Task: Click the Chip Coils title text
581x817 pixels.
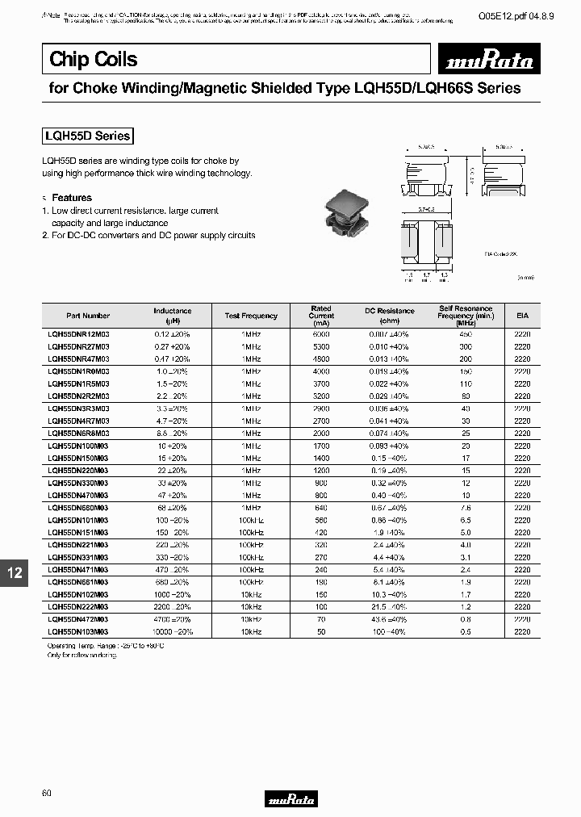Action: click(94, 59)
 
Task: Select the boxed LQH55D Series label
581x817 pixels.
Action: click(87, 136)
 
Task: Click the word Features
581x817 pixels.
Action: click(72, 198)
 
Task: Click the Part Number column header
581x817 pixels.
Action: click(89, 316)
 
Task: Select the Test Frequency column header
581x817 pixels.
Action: click(251, 316)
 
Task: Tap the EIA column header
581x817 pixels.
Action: click(522, 316)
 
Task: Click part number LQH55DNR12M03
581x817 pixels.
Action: click(79, 333)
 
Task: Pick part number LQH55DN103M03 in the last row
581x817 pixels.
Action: click(79, 631)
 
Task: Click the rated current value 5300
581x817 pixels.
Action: click(321, 346)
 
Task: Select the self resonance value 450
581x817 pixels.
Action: click(465, 333)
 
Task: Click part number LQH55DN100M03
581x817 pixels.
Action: click(79, 445)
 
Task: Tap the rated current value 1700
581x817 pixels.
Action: click(321, 445)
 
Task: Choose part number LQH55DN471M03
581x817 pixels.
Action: click(79, 569)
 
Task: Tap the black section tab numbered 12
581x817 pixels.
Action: click(15, 572)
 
